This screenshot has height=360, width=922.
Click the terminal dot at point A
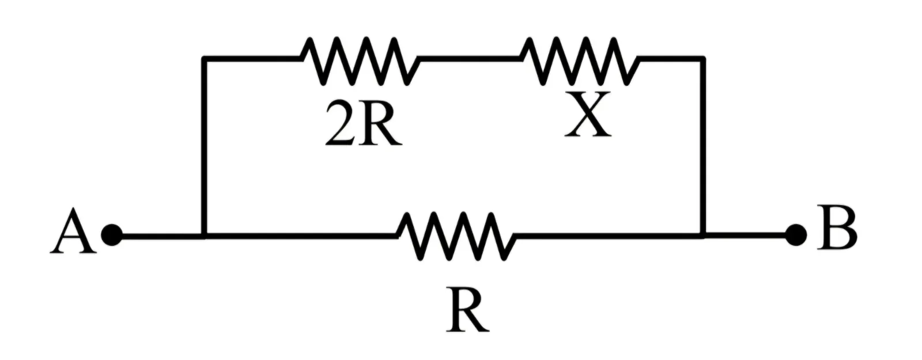tap(112, 236)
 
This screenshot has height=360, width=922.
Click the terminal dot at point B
tap(796, 236)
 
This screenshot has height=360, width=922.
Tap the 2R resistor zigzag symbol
tap(360, 61)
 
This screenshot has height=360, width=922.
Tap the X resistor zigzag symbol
tap(580, 61)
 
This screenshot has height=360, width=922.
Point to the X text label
tap(587, 115)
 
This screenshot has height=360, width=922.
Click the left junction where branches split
tap(204, 236)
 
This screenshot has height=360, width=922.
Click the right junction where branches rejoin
tap(703, 236)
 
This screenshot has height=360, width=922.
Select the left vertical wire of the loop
tap(204, 147)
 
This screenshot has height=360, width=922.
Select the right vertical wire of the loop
tap(703, 147)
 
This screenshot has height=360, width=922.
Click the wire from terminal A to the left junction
tap(158, 236)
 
